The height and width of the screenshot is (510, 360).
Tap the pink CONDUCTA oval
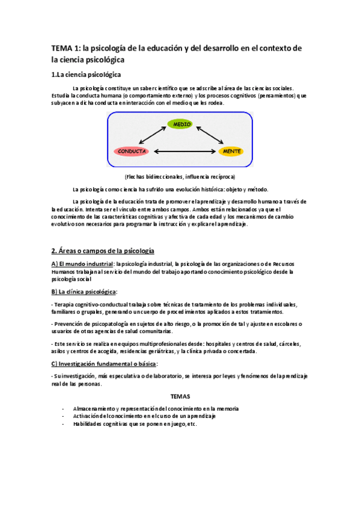coord(130,151)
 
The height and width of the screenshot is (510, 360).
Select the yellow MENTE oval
coord(231,151)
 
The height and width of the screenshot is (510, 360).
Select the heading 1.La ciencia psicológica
coord(86,75)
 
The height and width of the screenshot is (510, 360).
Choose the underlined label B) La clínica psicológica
coord(84,291)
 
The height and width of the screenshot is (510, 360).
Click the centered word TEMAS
coord(180,397)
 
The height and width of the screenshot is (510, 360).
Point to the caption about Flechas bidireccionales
coord(180,177)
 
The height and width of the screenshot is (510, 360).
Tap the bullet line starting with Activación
coord(144,416)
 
